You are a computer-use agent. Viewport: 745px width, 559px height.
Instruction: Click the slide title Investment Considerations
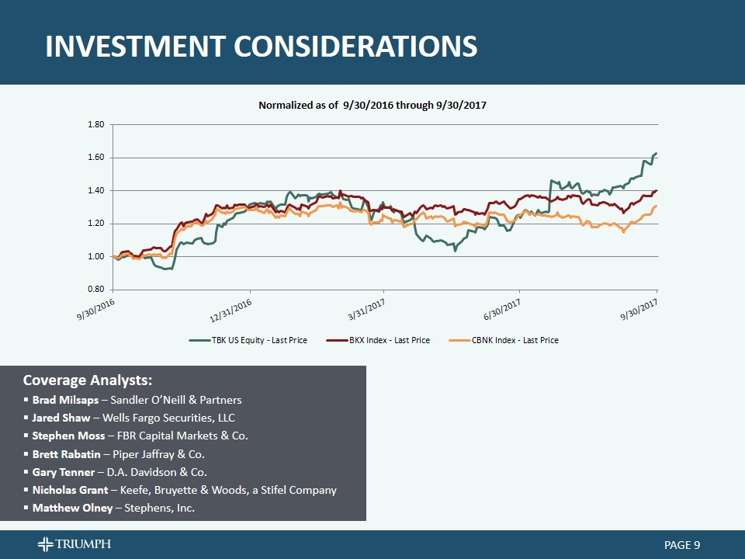pos(261,47)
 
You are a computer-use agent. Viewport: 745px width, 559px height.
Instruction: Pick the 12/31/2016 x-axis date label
pos(231,309)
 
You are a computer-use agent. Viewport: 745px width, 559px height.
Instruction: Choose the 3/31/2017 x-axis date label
pos(366,309)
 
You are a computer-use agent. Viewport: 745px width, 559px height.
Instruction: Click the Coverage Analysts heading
pos(88,380)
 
